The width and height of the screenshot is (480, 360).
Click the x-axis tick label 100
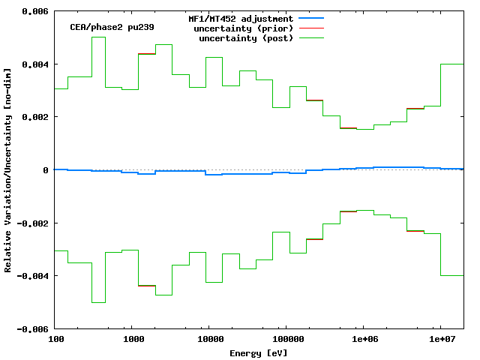pos(55,339)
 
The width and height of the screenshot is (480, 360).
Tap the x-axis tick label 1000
pos(133,339)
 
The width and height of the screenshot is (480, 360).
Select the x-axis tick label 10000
pos(210,339)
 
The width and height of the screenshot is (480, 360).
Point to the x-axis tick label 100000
pos(286,339)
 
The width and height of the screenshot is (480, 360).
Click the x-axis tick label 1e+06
pos(364,339)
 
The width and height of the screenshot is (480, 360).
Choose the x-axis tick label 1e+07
pos(441,339)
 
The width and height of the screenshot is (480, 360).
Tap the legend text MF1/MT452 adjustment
pos(240,18)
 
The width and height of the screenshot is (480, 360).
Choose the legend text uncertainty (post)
pos(246,37)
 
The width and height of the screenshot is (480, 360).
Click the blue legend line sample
pos(312,18)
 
